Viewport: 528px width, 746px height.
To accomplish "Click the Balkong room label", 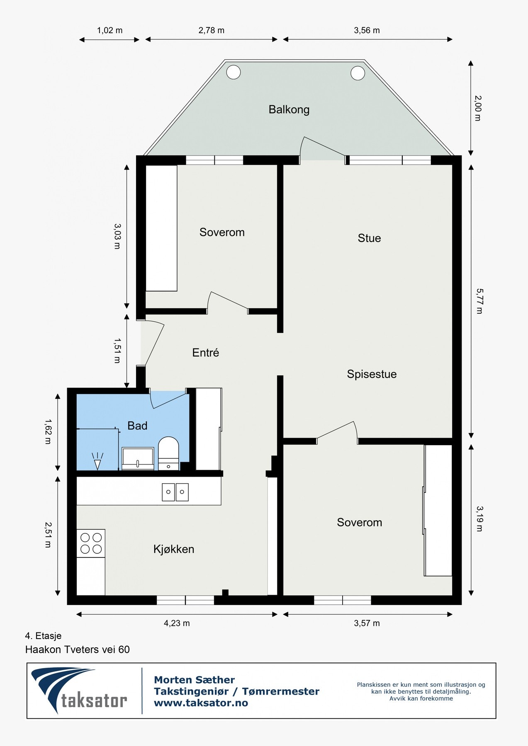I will coord(289,109).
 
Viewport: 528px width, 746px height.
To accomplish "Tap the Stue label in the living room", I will coord(369,238).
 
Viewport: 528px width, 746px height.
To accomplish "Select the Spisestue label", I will coord(372,374).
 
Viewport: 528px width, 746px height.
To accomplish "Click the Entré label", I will coord(205,353).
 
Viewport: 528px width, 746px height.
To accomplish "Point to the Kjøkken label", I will coord(173,549).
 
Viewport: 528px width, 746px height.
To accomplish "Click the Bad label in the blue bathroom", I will coord(137,426).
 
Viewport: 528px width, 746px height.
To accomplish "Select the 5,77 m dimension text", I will coord(479,301).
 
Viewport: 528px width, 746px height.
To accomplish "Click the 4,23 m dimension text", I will coord(177,623).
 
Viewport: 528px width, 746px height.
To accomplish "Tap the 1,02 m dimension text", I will coord(109,30).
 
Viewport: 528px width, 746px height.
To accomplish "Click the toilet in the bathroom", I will coord(168,453).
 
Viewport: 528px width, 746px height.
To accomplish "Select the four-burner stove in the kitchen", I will coord(91,543).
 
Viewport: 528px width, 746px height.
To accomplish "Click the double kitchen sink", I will coord(175,492).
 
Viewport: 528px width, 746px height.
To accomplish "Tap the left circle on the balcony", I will coord(233,72).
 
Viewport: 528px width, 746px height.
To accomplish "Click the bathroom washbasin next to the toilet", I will coord(138,458).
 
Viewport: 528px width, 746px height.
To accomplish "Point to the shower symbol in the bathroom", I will coord(97,461).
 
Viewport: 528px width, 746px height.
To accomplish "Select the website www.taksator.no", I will coord(201,703).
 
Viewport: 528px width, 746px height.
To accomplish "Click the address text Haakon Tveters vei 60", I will coord(78,649).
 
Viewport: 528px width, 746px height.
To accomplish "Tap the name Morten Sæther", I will coord(194,680).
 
